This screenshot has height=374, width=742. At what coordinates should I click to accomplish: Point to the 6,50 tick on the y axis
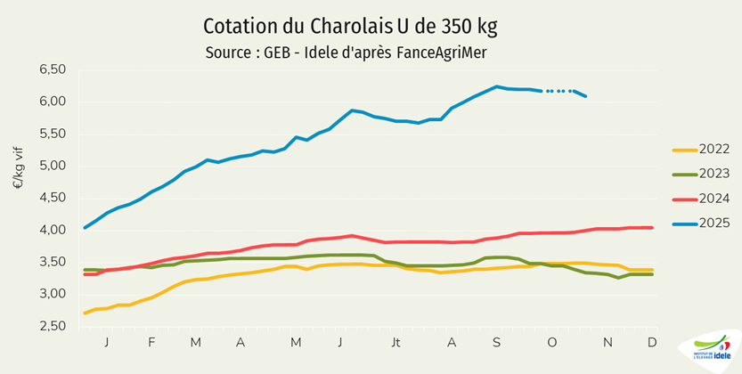(53, 69)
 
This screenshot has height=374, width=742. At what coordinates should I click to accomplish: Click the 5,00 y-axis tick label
(53, 166)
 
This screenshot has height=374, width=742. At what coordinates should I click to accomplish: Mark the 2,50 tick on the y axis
(53, 326)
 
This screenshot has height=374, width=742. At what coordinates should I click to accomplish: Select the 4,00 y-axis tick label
(53, 230)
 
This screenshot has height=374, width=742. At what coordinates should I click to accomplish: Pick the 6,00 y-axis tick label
(53, 102)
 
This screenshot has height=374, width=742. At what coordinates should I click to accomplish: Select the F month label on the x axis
(151, 342)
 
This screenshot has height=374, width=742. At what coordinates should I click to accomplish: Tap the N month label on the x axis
(607, 342)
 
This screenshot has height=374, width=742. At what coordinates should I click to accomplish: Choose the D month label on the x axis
(651, 342)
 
